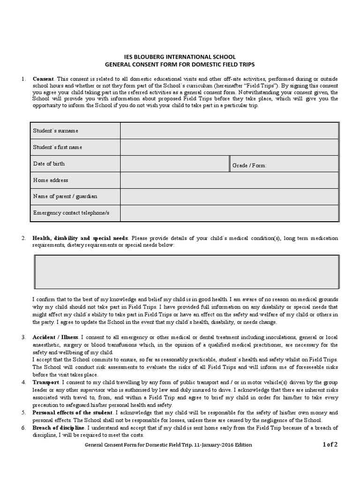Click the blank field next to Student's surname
coord(229,131)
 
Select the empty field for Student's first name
coord(229,147)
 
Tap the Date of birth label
coord(49,164)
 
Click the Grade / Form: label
coord(249,165)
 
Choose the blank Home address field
coord(229,180)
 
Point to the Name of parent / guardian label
coord(65,196)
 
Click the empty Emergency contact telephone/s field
coord(229,213)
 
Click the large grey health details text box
coord(186,272)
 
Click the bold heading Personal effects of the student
coord(72,412)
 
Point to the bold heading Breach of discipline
coord(59,428)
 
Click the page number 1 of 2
coord(330,445)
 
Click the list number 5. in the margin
coord(23,412)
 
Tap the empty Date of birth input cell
coord(174,164)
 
